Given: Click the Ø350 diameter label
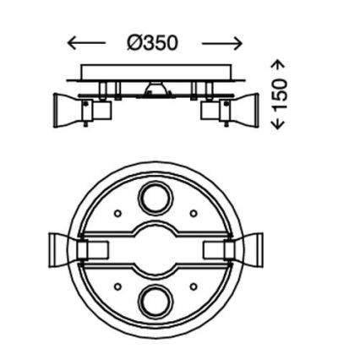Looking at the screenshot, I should (153, 41).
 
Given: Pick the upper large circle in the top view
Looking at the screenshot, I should (155, 201).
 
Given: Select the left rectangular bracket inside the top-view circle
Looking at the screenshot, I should (95, 249).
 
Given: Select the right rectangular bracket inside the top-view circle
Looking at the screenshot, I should (215, 249).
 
